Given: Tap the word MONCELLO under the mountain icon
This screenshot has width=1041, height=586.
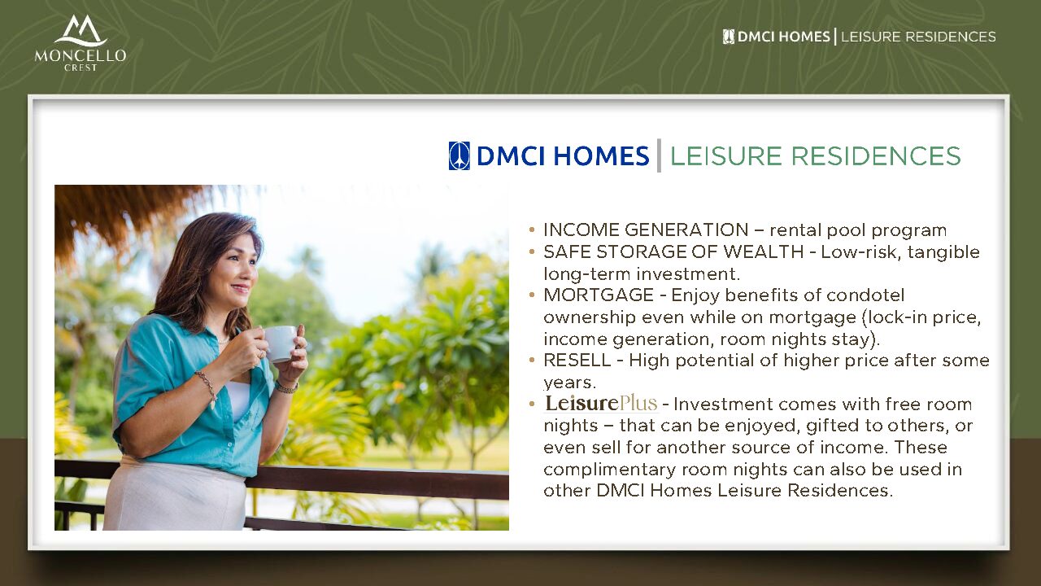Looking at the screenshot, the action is [x=81, y=56].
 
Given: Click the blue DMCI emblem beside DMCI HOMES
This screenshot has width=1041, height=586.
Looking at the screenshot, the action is [x=460, y=155].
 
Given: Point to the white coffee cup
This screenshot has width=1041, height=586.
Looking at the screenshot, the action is [x=280, y=343].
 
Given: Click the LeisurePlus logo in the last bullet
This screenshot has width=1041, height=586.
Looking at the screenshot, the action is [x=601, y=403].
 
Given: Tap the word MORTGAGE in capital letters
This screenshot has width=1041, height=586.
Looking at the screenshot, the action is [x=599, y=295].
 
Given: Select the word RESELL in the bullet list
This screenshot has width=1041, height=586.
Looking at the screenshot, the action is [x=577, y=360].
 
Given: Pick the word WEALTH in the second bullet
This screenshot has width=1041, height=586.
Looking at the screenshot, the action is [x=764, y=251].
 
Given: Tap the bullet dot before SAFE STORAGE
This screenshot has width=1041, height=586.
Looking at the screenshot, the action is [x=532, y=252].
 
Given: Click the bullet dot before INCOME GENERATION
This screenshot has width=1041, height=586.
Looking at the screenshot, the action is [x=532, y=230].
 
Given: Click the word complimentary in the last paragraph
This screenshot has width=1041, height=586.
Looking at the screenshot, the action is [x=609, y=470].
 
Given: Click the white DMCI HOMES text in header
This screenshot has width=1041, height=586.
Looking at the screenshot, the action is [x=783, y=37].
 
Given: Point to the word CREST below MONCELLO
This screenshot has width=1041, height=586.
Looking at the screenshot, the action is [x=81, y=68].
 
